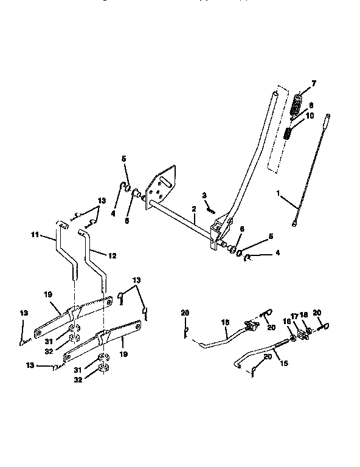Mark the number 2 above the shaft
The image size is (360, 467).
pos(193,209)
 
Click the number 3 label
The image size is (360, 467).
pos(205,195)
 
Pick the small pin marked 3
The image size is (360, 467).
pos(210,209)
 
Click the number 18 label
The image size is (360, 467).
pos(305,316)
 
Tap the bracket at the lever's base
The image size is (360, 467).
pos(216,234)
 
